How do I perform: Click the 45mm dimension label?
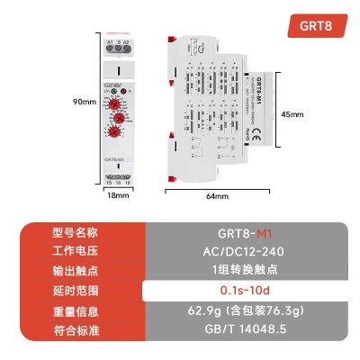click(x=291, y=115)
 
